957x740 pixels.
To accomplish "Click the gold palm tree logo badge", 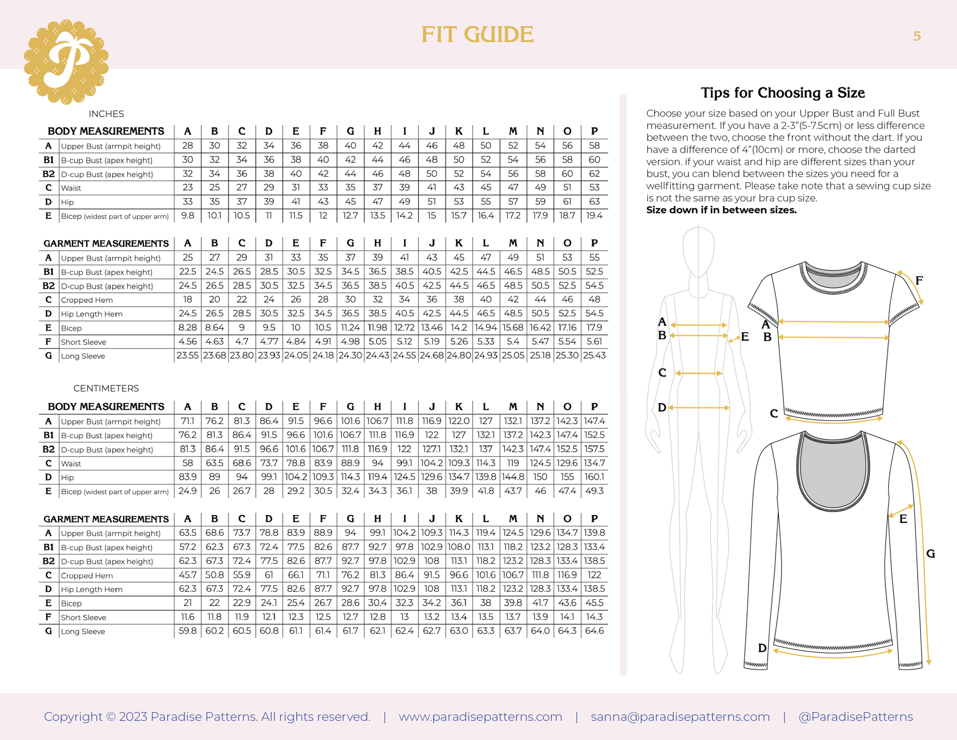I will point(66,62).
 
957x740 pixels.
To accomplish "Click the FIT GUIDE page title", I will point(477,34).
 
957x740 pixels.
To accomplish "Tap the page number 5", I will point(917,36).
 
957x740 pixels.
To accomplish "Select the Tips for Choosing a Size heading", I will point(782,92).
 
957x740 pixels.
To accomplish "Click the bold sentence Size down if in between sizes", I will point(721,210).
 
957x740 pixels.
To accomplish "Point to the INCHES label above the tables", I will point(106,114).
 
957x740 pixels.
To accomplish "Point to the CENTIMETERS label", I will point(106,388).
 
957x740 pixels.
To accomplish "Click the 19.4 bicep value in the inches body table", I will point(594,216).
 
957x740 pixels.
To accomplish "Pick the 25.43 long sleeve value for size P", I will point(594,355).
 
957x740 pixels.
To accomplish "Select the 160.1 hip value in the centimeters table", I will point(594,477).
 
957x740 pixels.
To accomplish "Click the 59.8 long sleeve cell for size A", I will point(187,631).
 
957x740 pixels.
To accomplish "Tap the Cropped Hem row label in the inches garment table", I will point(87,300).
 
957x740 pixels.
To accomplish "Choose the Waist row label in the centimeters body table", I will point(71,463).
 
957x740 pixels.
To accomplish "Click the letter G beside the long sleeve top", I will point(930,554).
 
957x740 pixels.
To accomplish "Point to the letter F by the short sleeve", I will point(919,280).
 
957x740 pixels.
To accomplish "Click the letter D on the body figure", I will point(662,407).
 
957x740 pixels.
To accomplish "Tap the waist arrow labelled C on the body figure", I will point(698,373).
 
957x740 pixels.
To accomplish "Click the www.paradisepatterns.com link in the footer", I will point(480,716).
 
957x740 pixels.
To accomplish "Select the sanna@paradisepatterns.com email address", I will point(680,716).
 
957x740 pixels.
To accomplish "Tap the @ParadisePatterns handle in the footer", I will point(855,716).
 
